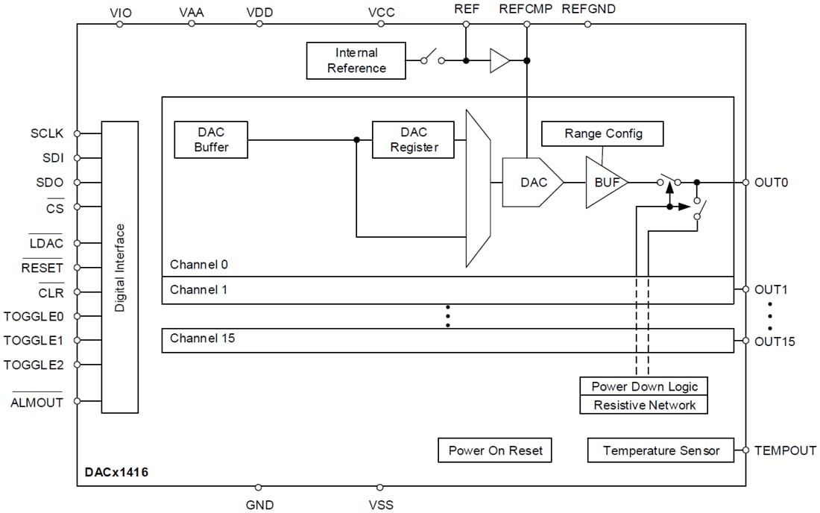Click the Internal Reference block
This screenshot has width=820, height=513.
356,60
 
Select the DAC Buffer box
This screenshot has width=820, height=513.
211,139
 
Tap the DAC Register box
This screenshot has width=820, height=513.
413,139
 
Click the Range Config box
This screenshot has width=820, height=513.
602,133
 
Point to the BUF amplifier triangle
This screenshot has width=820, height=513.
604,182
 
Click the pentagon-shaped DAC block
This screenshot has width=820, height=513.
532,182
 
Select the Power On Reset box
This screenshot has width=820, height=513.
495,450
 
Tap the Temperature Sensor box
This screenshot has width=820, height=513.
660,450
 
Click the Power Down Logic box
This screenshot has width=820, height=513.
644,386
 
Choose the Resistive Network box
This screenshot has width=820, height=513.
644,405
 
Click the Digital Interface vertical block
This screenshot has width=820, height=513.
120,267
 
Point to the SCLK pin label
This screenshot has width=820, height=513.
47,133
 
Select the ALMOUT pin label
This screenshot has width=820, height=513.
37,403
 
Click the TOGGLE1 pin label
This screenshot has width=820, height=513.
34,340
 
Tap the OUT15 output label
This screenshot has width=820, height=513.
775,342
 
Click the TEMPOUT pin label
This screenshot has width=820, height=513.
784,450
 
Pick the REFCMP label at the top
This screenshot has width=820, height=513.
526,10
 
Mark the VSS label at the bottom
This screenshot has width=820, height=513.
381,505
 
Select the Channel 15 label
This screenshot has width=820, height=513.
202,339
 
